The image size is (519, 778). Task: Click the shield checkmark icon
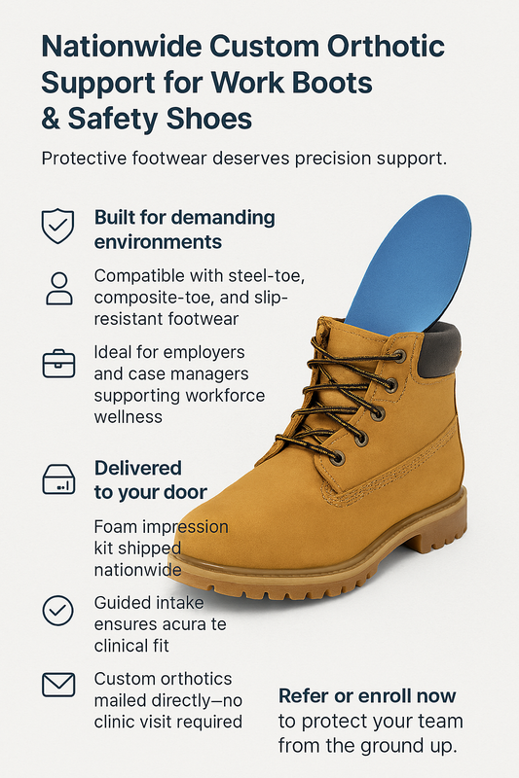(x=57, y=226)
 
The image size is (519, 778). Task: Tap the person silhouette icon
(x=59, y=288)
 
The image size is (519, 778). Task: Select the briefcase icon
(x=58, y=364)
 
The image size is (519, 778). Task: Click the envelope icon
(x=58, y=685)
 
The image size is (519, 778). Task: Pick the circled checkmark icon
(x=57, y=610)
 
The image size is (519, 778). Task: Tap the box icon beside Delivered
(x=58, y=479)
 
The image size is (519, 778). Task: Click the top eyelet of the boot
(x=399, y=356)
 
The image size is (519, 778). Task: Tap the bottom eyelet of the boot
(x=338, y=457)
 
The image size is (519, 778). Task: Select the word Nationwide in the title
(x=121, y=47)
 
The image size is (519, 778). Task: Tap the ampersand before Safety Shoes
(x=51, y=119)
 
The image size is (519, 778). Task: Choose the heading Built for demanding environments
(x=184, y=230)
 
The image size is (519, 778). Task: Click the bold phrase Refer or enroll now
(x=367, y=696)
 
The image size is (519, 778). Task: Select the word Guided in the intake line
(x=118, y=603)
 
